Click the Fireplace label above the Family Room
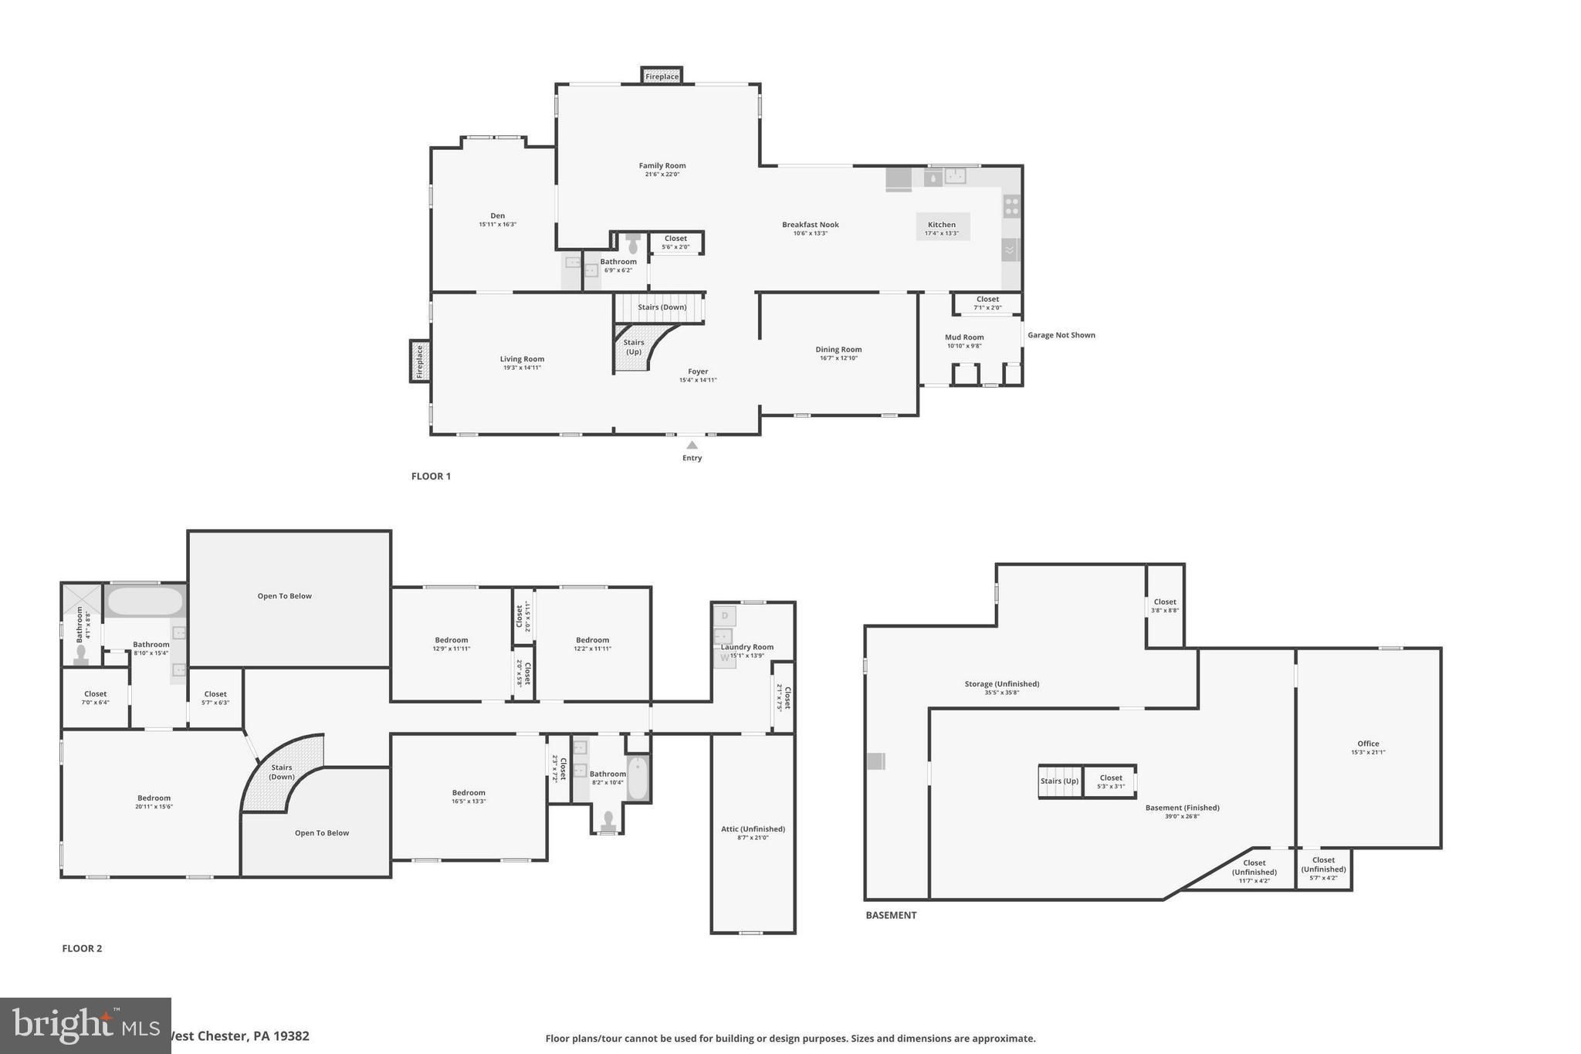click(x=662, y=76)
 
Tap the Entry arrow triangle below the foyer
click(x=692, y=445)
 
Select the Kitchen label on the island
click(x=942, y=225)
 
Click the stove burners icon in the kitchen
click(x=1011, y=206)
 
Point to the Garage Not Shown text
click(x=1061, y=335)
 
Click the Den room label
click(x=497, y=216)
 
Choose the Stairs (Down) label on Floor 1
click(x=662, y=307)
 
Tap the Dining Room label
click(x=838, y=350)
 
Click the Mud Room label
click(x=964, y=337)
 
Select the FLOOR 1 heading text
click(x=431, y=476)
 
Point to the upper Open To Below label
click(x=284, y=596)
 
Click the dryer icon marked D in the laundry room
click(x=725, y=616)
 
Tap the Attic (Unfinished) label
click(x=753, y=829)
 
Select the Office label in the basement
click(x=1368, y=744)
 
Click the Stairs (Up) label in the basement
click(x=1059, y=781)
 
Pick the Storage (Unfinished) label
click(x=1001, y=684)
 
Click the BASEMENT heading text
click(x=891, y=915)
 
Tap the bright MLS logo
click(x=85, y=1025)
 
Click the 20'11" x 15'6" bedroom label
click(x=154, y=798)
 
